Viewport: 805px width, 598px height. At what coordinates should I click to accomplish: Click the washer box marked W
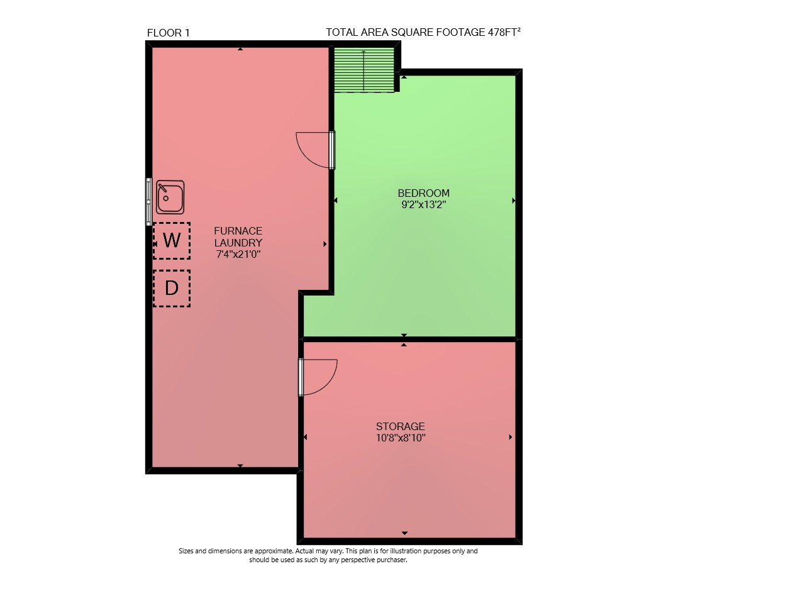pos(171,241)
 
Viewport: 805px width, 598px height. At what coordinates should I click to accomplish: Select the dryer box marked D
pos(171,289)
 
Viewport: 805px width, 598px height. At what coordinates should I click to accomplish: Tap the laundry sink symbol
pos(170,197)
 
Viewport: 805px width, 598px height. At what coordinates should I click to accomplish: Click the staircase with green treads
pos(364,70)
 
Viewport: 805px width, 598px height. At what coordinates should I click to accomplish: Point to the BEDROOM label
pos(423,193)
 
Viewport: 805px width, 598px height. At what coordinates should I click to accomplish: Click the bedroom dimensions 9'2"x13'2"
pos(423,204)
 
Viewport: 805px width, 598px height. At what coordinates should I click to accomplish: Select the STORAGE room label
pos(401,426)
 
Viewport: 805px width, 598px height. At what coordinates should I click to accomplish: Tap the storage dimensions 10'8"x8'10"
pos(401,438)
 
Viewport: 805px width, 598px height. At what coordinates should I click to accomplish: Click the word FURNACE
pos(238,231)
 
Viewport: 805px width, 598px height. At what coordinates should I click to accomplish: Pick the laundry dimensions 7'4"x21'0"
pos(238,255)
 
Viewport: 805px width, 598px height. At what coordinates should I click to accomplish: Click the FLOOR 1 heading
pos(169,33)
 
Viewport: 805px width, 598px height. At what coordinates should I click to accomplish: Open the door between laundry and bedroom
pos(315,150)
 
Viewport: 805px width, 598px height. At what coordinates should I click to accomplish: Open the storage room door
pos(318,377)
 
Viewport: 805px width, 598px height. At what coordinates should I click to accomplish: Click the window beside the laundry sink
pos(148,202)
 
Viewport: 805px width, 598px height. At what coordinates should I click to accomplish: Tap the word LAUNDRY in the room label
pos(238,243)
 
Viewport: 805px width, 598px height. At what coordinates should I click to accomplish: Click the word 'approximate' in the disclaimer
pos(274,551)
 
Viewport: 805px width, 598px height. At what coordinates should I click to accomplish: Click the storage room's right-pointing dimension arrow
pos(511,437)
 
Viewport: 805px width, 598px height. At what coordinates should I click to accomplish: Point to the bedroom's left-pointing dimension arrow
pos(335,201)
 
